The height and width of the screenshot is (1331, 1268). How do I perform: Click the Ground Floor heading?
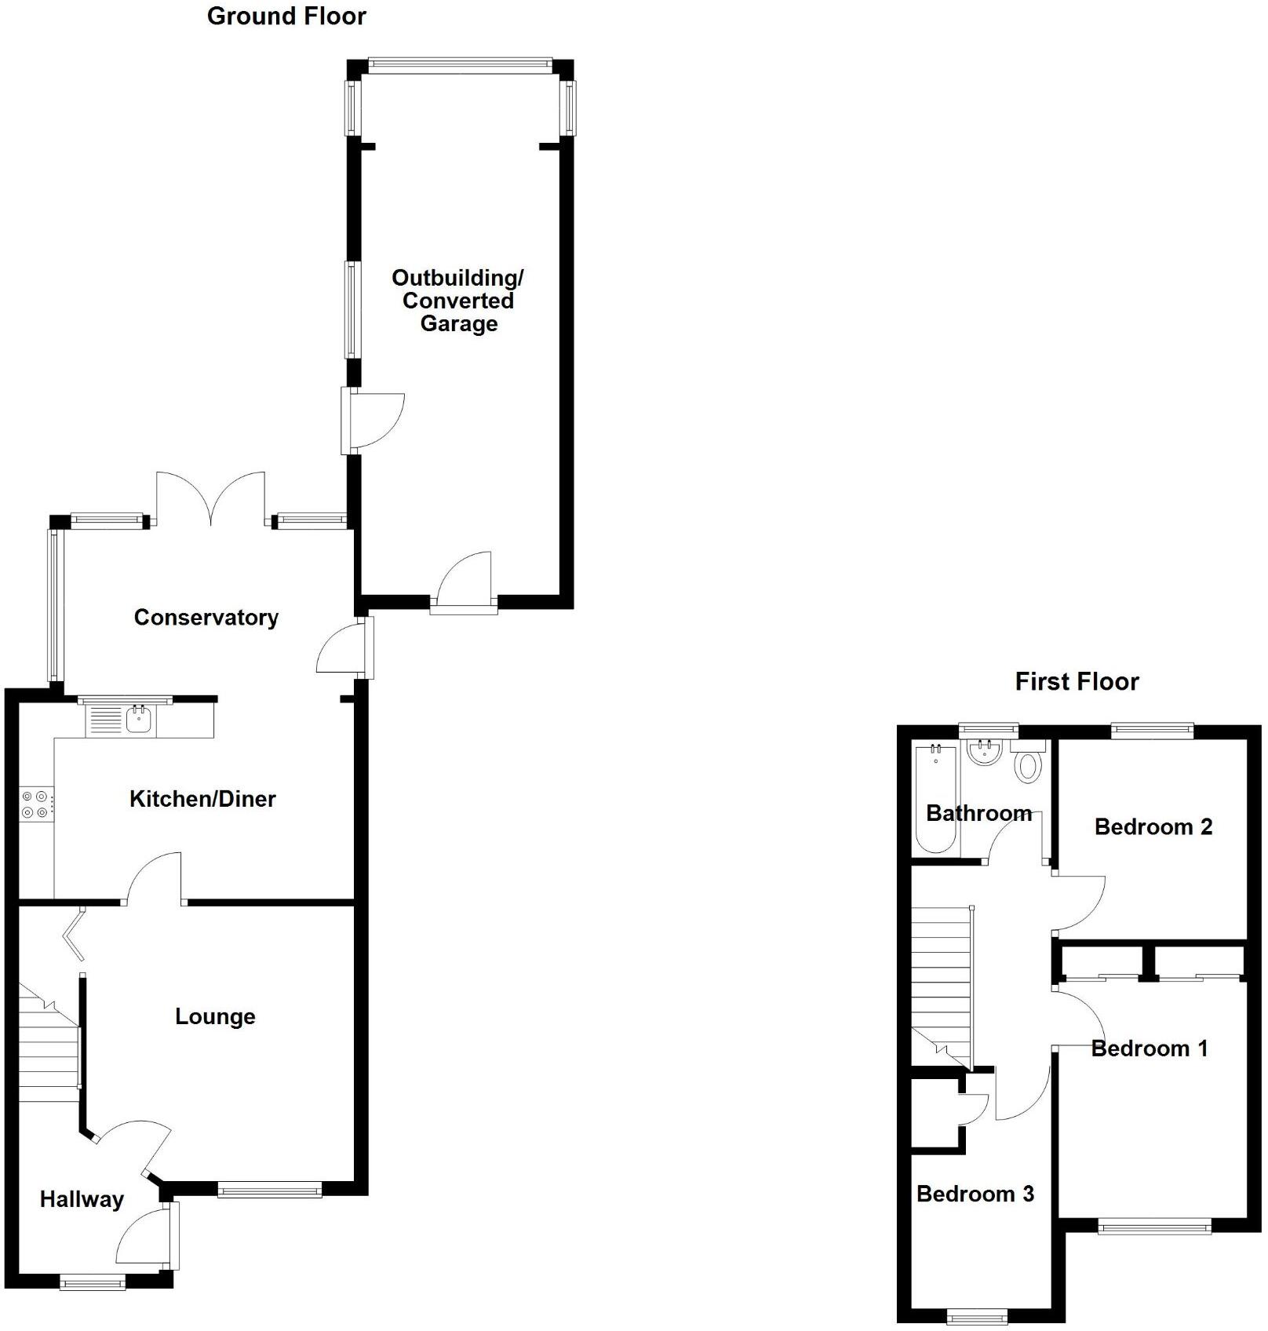tap(286, 16)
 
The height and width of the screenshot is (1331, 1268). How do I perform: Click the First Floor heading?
tap(1077, 681)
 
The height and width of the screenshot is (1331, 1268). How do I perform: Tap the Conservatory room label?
tap(206, 618)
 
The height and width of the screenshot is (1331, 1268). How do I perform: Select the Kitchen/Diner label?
tap(202, 799)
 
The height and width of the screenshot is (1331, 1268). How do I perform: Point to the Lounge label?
tap(215, 1016)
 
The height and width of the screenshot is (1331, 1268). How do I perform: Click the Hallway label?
tap(82, 1199)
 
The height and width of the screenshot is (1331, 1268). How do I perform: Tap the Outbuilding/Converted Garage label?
tap(458, 301)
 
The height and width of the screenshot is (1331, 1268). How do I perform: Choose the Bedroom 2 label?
tap(1153, 826)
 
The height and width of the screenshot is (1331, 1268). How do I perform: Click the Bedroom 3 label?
tap(975, 1194)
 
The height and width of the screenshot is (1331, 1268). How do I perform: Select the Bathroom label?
tap(978, 813)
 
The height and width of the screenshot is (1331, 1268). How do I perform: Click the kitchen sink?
tap(138, 719)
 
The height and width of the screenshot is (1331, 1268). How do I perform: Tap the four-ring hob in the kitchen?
tap(36, 804)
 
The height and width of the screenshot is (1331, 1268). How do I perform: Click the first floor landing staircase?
tap(941, 985)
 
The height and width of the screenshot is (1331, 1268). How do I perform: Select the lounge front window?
tap(270, 1191)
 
